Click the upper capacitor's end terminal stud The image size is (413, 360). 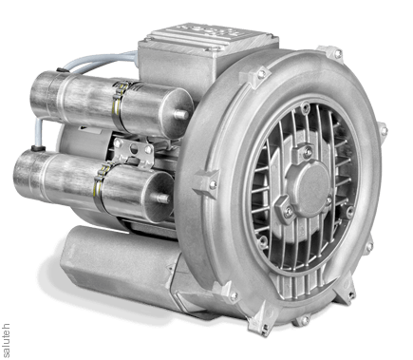182,114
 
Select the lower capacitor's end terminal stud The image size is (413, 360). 162,199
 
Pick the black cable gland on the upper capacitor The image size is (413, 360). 60,70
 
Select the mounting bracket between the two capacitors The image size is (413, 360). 134,151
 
